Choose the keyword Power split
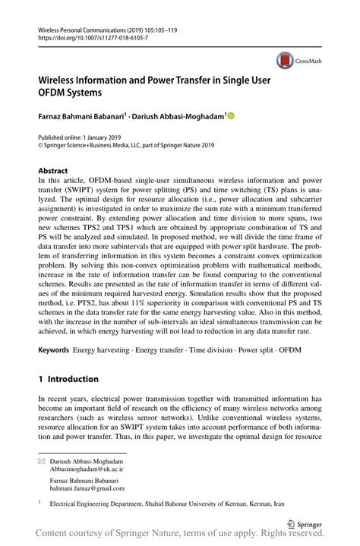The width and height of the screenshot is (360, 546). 248,351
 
